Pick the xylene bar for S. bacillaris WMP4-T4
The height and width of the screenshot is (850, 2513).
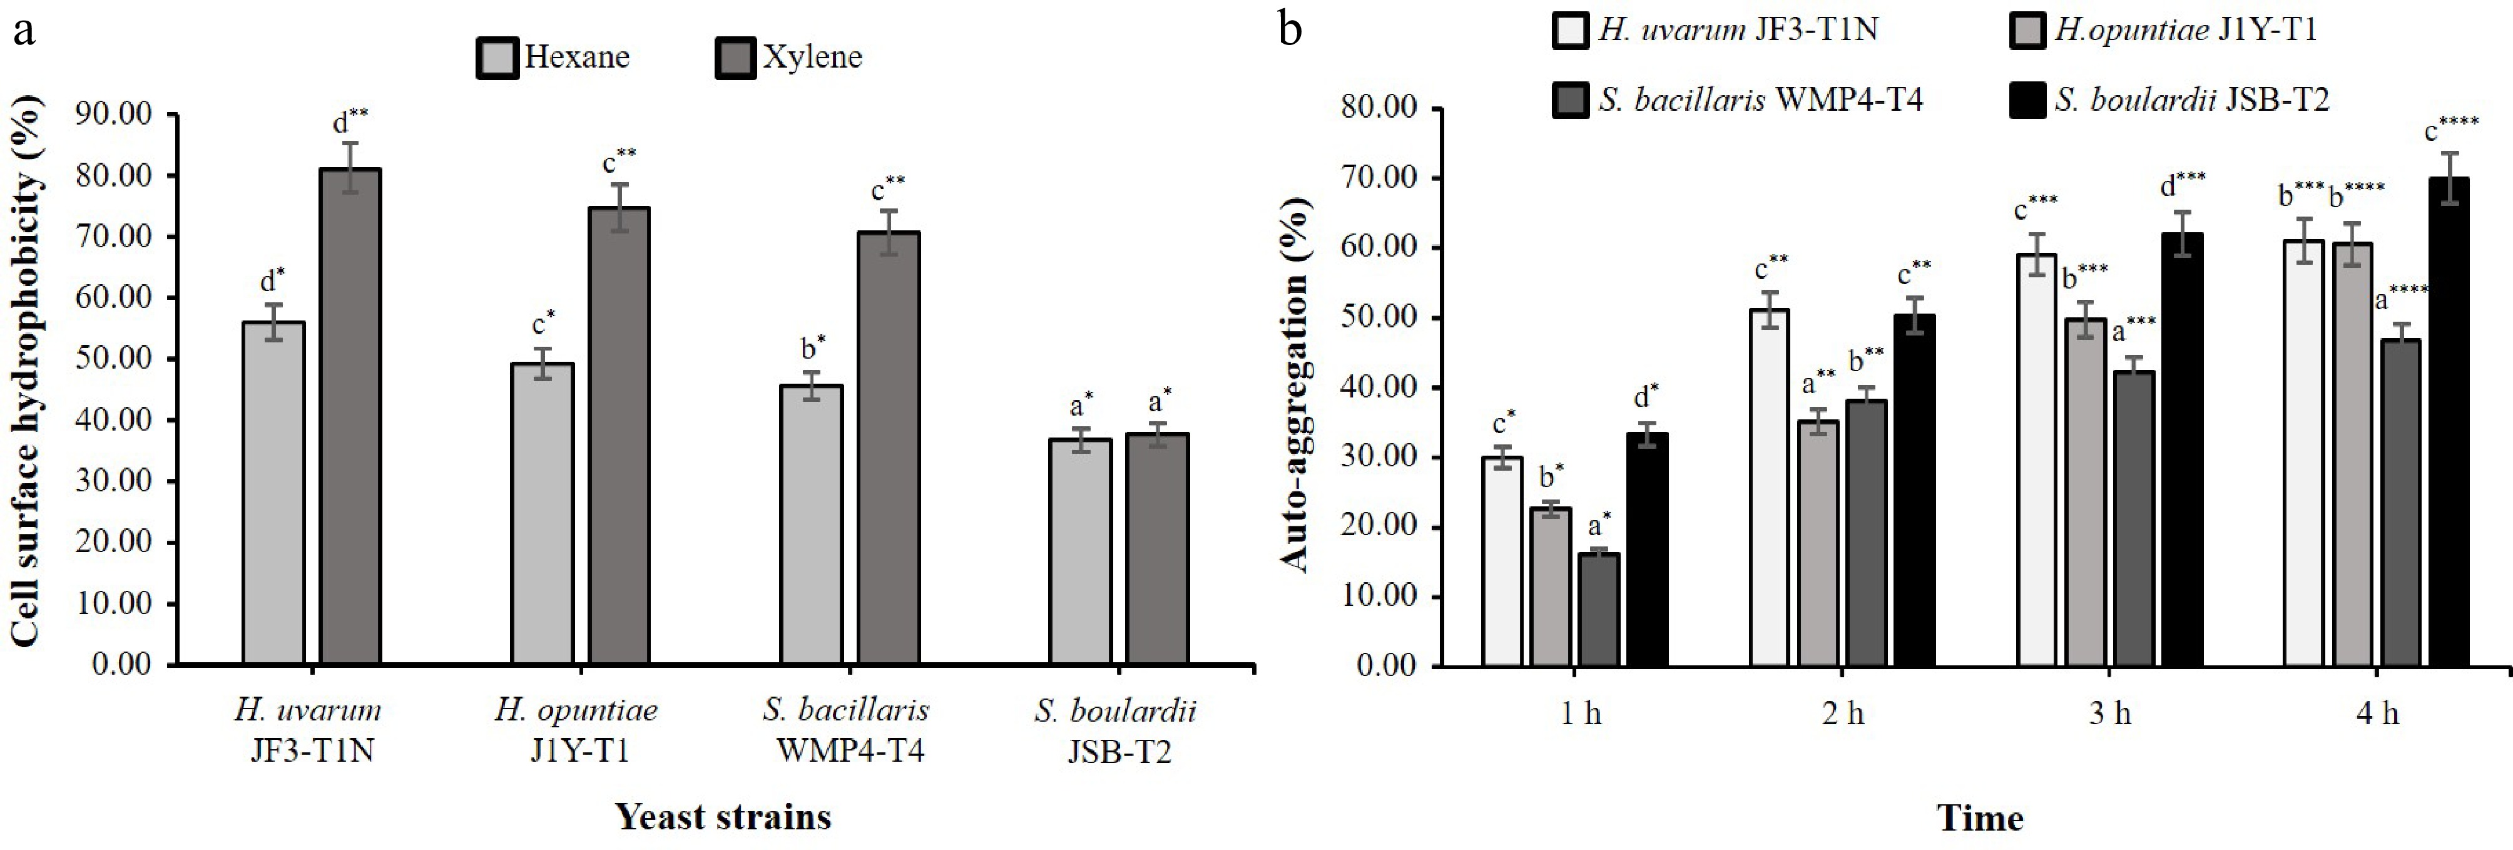(889, 449)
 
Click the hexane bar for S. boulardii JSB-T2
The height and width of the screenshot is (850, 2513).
(1080, 552)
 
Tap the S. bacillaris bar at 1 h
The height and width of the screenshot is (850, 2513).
(1598, 610)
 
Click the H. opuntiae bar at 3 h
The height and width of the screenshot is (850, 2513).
(2086, 493)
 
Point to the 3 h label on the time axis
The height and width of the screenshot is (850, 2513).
(2109, 714)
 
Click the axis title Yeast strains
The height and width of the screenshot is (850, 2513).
(723, 816)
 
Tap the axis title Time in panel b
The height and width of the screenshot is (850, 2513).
(1979, 818)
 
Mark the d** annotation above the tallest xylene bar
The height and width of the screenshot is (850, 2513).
(350, 121)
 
